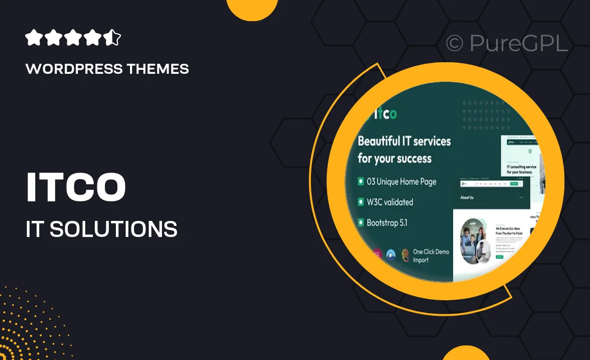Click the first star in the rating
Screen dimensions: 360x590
[33, 38]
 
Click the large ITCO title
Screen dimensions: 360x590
[76, 188]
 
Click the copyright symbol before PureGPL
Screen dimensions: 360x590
[454, 44]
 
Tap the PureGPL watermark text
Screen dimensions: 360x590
[518, 44]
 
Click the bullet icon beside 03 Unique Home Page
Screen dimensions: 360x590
[361, 182]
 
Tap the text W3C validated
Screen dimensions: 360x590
[390, 202]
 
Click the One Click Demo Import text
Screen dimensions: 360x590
[430, 256]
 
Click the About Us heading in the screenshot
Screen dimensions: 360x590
[467, 197]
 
